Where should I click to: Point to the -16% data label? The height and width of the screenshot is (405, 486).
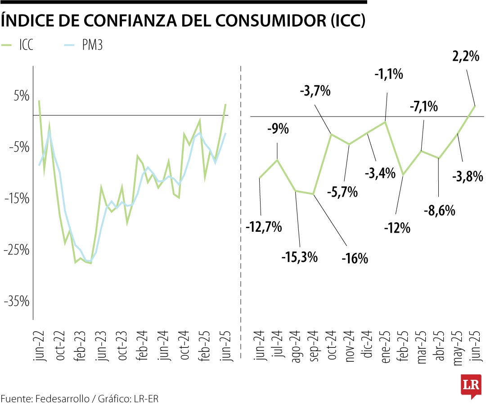pos(355,259)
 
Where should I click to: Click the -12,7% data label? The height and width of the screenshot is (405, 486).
pos(264,227)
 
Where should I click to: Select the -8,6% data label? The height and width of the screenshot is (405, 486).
pos(439,210)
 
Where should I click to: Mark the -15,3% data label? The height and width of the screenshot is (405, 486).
pos(300,257)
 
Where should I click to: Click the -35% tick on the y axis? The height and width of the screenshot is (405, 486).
pos(16,301)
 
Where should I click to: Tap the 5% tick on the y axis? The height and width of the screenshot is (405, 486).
pos(21,96)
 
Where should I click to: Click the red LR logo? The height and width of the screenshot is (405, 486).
pos(471,386)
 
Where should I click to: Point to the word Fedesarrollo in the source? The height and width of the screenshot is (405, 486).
pos(63,399)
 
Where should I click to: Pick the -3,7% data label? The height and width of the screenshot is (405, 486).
pos(315,91)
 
